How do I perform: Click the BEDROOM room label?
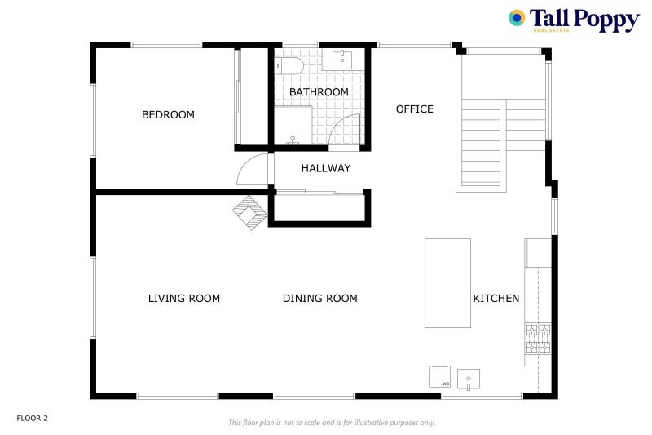168,114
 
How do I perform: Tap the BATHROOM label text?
319,92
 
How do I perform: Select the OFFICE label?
415,109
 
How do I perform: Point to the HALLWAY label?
326,168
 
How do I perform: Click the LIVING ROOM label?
184,299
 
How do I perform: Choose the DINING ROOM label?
320,299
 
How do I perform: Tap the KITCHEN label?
496,299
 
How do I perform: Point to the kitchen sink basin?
469,380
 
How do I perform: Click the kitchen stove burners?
538,339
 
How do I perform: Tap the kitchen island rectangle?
447,283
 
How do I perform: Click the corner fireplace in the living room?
250,213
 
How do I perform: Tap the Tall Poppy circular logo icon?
517,18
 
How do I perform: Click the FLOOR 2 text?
33,419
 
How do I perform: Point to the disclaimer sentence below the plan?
332,423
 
